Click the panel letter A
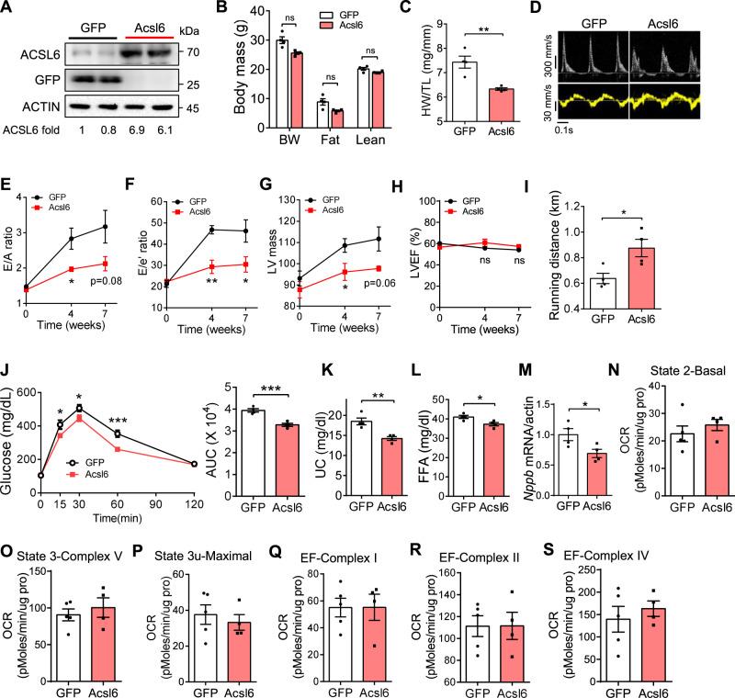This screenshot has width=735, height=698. click(8, 10)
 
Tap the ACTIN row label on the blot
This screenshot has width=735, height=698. click(28, 107)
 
